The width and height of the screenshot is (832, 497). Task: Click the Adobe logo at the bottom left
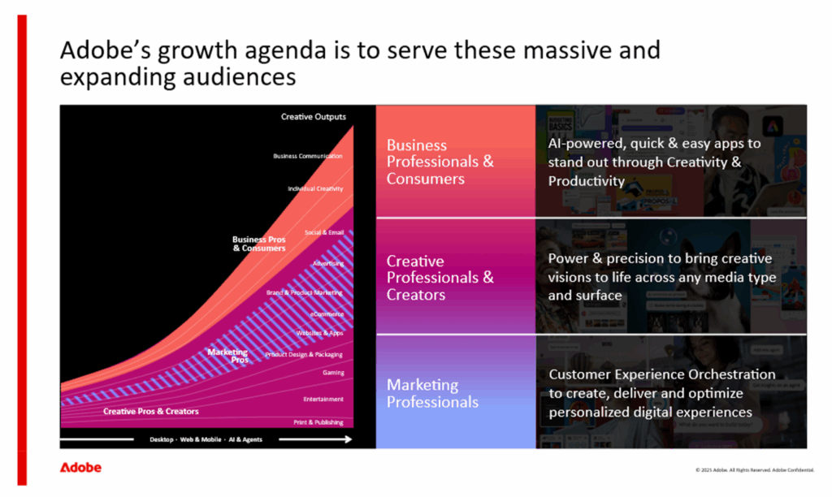tap(80, 468)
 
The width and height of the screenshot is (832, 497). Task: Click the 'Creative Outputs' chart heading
tap(314, 117)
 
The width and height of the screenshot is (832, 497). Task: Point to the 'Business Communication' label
tap(308, 156)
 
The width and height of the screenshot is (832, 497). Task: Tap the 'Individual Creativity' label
tap(315, 188)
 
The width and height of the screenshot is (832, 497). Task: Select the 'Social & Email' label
tap(324, 232)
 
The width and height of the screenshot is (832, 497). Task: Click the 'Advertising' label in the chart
tap(328, 263)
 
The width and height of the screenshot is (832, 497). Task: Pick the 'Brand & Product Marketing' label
tap(305, 292)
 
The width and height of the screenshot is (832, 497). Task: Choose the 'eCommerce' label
tap(327, 313)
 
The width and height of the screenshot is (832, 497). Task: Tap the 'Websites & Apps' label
tap(319, 333)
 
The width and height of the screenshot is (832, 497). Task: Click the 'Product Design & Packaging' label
tap(304, 354)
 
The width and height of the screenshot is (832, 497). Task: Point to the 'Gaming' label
tap(333, 373)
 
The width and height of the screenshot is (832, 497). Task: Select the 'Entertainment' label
tap(323, 399)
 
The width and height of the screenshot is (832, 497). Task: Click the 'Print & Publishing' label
tap(318, 422)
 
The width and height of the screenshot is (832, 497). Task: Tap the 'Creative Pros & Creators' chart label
tap(151, 412)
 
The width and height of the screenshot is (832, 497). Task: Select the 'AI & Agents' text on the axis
tap(245, 439)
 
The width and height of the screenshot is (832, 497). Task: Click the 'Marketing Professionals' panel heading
tap(432, 393)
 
